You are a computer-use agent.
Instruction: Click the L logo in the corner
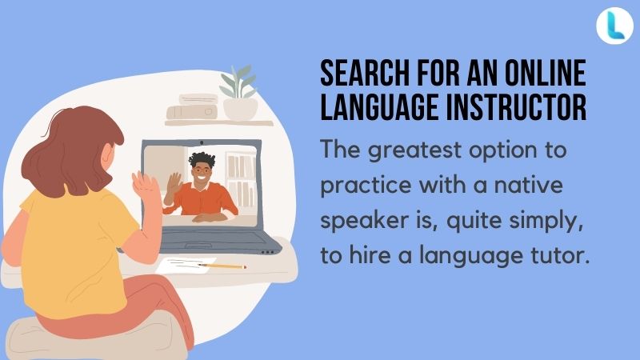pyautogui.click(x=614, y=26)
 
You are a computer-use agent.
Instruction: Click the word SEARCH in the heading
pyautogui.click(x=365, y=73)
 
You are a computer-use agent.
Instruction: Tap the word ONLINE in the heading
pyautogui.click(x=546, y=73)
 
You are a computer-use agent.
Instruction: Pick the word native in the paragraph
pyautogui.click(x=529, y=185)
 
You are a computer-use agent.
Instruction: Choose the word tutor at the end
pyautogui.click(x=560, y=255)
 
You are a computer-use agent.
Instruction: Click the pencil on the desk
pyautogui.click(x=222, y=266)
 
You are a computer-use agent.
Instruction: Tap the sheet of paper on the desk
pyautogui.click(x=186, y=266)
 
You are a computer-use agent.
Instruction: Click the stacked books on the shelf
pyautogui.click(x=192, y=106)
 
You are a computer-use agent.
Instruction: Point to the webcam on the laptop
pyautogui.click(x=202, y=142)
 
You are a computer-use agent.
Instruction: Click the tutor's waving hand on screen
pyautogui.click(x=174, y=182)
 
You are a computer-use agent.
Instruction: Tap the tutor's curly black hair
pyautogui.click(x=202, y=159)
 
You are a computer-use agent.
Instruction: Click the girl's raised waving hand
pyautogui.click(x=144, y=183)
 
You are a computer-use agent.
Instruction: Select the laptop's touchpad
pyautogui.click(x=198, y=246)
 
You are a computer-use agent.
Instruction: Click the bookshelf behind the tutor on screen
pyautogui.click(x=242, y=179)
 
